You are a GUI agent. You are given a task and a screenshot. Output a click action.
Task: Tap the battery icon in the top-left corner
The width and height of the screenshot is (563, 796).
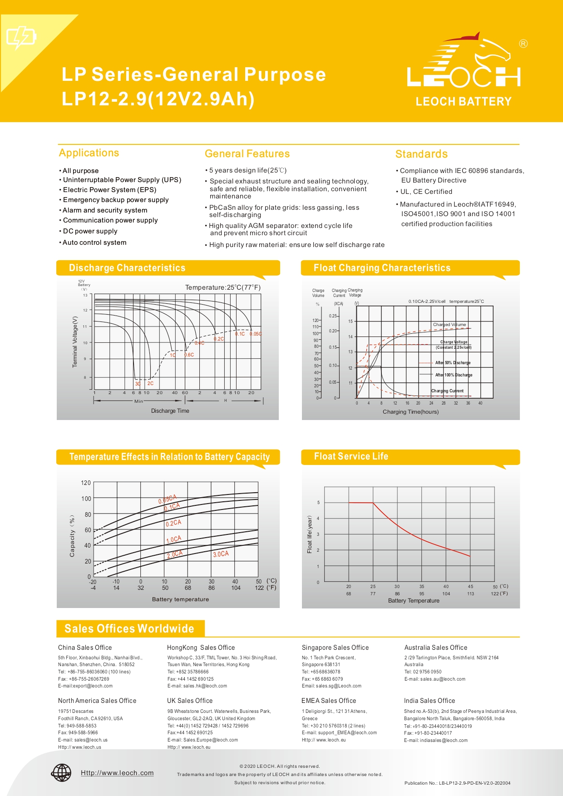click(21, 37)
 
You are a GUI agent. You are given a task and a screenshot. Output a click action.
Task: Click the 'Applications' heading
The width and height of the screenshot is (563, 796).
click(89, 153)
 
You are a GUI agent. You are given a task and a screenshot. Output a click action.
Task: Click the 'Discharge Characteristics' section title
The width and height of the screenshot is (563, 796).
click(127, 268)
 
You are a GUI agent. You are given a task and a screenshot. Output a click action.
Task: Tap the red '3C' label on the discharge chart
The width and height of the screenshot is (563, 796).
click(138, 384)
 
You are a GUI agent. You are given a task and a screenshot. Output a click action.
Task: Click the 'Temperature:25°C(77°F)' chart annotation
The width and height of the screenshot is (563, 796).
click(222, 287)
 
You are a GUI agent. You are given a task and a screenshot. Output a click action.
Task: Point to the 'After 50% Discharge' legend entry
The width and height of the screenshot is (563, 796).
click(452, 363)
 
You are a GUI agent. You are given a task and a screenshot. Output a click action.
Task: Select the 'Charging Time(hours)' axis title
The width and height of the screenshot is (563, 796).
click(410, 412)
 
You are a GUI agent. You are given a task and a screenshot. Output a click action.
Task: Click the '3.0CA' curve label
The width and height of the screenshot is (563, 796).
click(221, 554)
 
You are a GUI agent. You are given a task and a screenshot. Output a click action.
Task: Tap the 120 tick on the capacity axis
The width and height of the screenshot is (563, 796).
click(86, 483)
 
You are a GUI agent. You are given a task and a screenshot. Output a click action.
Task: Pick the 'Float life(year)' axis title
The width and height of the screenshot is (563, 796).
click(310, 534)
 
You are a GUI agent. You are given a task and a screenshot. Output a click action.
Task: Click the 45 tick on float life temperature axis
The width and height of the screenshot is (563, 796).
click(470, 587)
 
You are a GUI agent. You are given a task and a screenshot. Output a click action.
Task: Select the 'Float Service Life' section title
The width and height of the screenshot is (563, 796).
click(351, 456)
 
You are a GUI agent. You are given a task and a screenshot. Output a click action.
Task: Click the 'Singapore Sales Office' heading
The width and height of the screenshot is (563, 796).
click(335, 648)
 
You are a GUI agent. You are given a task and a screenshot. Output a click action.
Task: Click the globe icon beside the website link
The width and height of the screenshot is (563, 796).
click(61, 773)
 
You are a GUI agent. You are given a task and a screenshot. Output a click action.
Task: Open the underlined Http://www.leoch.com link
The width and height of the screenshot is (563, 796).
click(117, 773)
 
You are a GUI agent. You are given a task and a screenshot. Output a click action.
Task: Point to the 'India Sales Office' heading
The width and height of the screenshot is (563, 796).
click(429, 701)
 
